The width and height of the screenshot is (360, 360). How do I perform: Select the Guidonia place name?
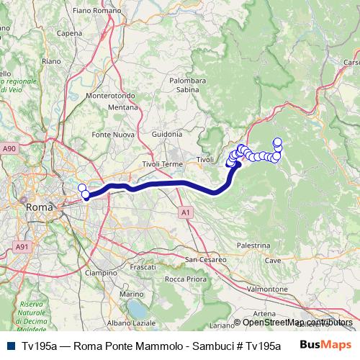167,135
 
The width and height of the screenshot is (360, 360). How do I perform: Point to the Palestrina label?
252,246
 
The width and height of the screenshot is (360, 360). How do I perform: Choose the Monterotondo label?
107,95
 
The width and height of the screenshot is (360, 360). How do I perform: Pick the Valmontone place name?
267,288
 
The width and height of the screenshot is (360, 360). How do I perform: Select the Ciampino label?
102,274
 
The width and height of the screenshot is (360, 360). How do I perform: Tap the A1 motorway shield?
186,212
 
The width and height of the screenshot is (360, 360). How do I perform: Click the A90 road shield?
9,148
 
